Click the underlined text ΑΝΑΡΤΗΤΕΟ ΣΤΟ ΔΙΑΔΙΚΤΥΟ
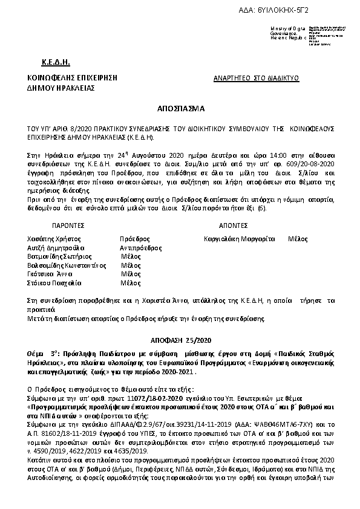(257, 79)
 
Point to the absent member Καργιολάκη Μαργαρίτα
(240, 239)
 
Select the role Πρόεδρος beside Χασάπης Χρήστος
(134, 239)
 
